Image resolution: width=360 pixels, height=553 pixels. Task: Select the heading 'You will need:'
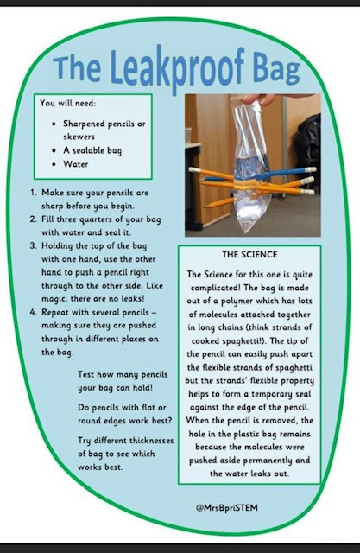(67, 103)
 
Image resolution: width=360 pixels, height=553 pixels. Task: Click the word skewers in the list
(79, 137)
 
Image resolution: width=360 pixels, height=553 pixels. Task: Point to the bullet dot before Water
(54, 164)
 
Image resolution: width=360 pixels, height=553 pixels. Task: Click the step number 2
(33, 219)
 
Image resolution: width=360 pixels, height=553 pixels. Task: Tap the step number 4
(33, 313)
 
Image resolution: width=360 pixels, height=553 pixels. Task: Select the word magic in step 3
(54, 299)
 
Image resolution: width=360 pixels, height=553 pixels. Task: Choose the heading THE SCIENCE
(249, 255)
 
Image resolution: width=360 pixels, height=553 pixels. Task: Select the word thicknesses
(151, 441)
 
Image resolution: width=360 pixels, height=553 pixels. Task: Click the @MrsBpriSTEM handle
(226, 508)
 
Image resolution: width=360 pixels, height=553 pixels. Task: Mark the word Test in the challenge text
(85, 374)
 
